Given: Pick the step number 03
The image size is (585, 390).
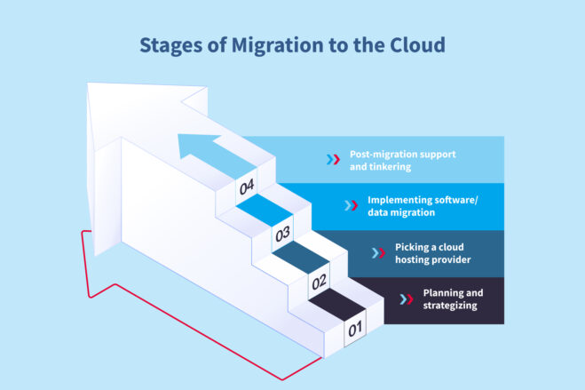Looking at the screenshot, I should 282,235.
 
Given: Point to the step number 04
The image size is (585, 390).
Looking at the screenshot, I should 246,187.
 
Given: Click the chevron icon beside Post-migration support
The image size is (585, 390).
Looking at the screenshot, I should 332,160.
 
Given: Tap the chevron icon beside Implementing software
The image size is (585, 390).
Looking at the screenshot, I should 351,206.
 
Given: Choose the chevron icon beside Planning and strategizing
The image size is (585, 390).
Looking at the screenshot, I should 407,299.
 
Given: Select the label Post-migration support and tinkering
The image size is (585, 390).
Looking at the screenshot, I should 390,160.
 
